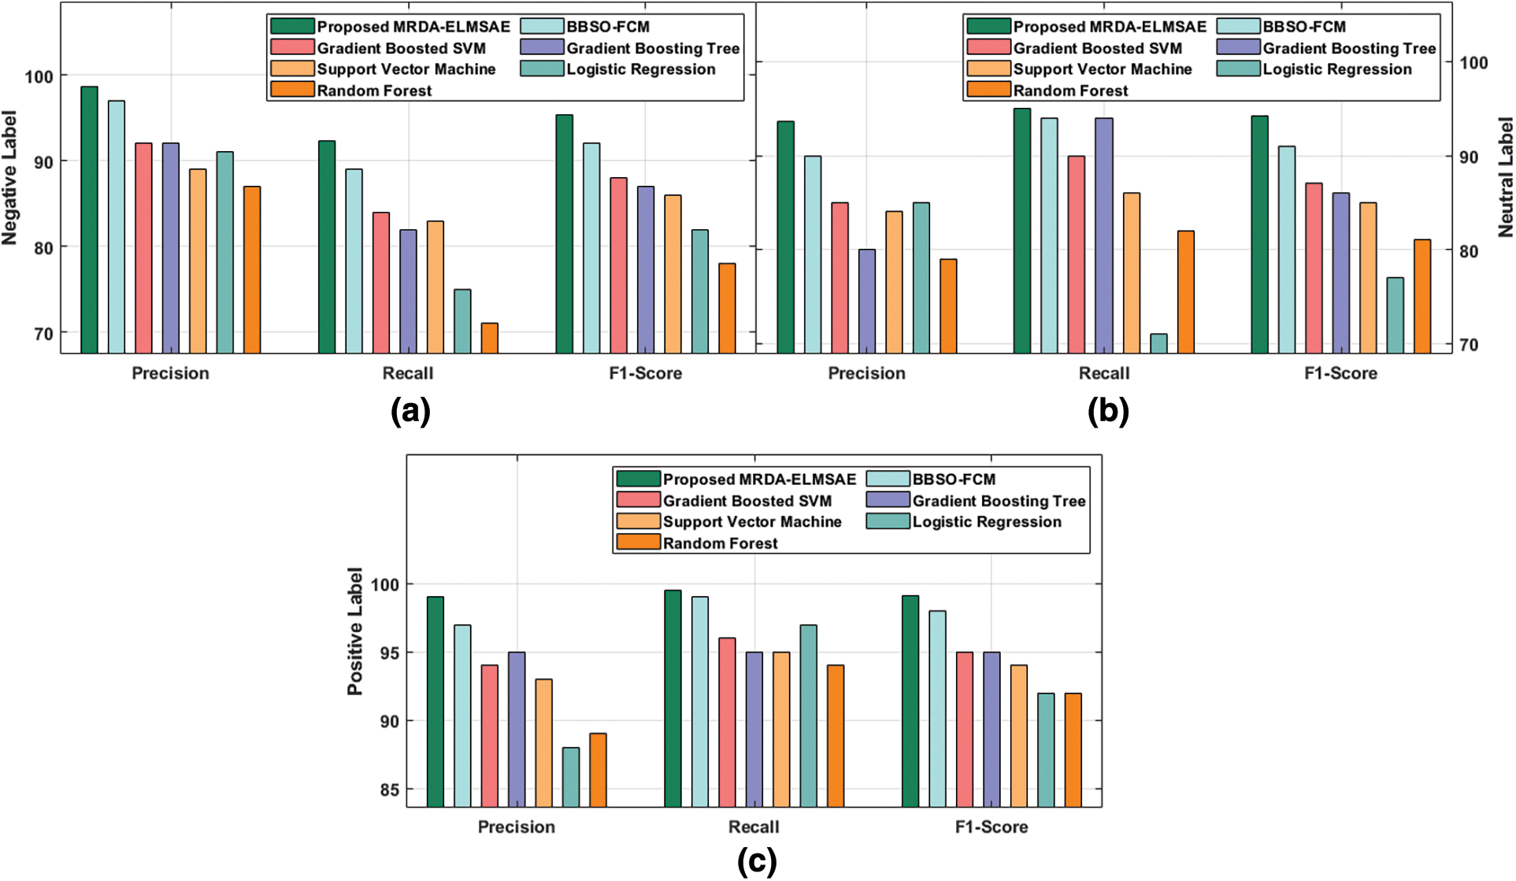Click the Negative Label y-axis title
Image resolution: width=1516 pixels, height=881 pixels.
[x=9, y=178]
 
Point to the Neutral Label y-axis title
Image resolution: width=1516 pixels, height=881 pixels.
[x=1506, y=177]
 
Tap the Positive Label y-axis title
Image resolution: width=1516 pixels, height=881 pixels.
[x=355, y=631]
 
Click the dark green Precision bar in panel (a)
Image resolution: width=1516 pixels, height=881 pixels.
[x=89, y=220]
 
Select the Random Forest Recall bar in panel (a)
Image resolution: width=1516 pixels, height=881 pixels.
[x=489, y=338]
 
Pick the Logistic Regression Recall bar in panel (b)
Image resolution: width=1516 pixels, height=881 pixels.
[x=1158, y=343]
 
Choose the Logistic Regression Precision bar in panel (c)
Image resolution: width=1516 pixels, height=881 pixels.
[x=571, y=777]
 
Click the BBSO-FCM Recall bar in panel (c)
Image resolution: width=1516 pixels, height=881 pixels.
[x=700, y=701]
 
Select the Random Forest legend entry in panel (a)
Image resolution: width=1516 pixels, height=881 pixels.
[x=374, y=91]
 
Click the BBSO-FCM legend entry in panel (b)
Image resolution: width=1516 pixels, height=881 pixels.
[x=1304, y=27]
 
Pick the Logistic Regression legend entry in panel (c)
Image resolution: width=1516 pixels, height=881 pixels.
[x=986, y=522]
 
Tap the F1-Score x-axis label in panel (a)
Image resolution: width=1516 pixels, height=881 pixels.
[x=645, y=373]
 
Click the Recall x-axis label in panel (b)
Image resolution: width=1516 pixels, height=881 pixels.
[x=1104, y=373]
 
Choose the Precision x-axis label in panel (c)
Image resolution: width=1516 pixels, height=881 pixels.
[x=517, y=827]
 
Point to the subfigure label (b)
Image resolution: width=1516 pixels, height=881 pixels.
[x=1108, y=411]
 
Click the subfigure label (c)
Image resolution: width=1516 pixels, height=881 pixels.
[x=757, y=861]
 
